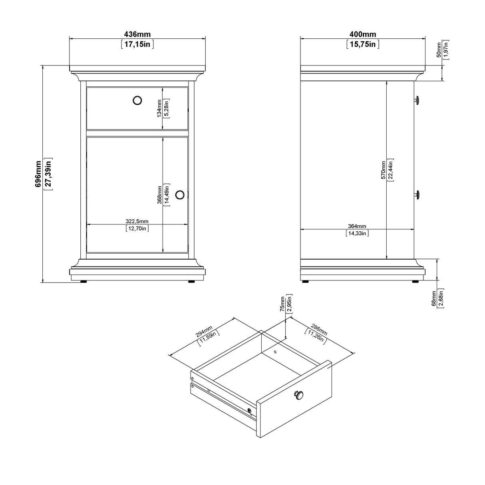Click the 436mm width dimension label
(137, 35)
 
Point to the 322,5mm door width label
(137, 221)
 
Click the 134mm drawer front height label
(159, 108)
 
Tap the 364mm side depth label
(357, 227)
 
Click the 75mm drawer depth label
(282, 304)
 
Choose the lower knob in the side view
(417, 195)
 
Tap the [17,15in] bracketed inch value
(137, 44)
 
